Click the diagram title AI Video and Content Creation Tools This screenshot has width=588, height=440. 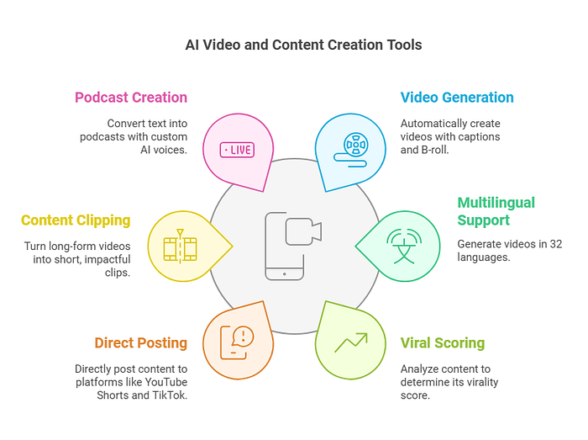303,45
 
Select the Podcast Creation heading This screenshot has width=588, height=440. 131,97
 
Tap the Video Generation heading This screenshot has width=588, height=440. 457,97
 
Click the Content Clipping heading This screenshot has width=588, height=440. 76,220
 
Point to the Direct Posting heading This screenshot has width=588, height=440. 140,342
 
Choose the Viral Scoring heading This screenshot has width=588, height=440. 442,342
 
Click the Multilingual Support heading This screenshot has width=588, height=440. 496,211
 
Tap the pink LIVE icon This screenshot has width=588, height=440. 236,150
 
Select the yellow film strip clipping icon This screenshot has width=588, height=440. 179,247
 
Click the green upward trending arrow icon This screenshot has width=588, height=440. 350,342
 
